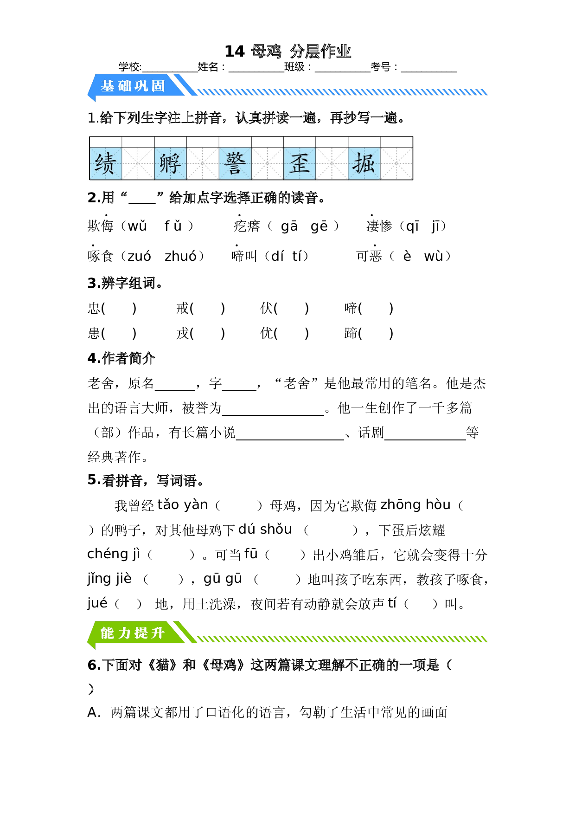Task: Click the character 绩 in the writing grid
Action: click(105, 163)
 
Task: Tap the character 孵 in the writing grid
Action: click(170, 163)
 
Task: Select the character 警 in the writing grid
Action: click(235, 163)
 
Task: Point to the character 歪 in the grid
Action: click(300, 163)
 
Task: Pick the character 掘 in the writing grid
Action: click(364, 163)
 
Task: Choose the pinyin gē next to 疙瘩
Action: click(319, 226)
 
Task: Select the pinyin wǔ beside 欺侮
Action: click(137, 226)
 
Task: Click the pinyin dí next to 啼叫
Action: click(277, 256)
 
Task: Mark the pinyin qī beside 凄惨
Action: click(412, 226)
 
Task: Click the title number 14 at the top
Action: click(235, 52)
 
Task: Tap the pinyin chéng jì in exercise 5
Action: click(114, 554)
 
